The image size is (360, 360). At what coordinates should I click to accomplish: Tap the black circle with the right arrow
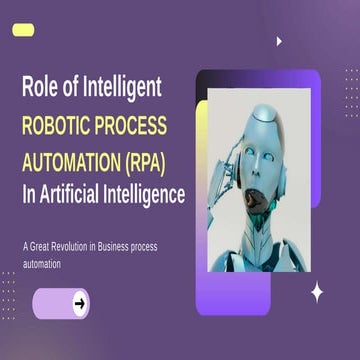point(80,303)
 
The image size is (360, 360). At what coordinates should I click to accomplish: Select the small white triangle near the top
point(279,42)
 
